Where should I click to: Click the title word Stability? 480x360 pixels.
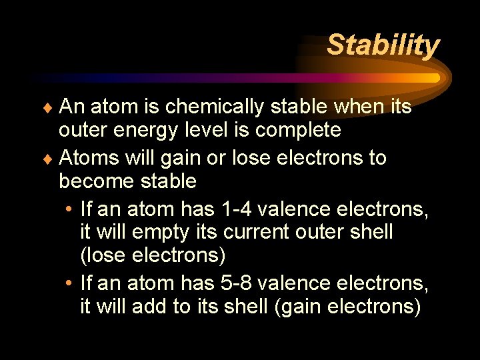[383, 45]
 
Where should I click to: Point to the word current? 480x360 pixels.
[255, 232]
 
